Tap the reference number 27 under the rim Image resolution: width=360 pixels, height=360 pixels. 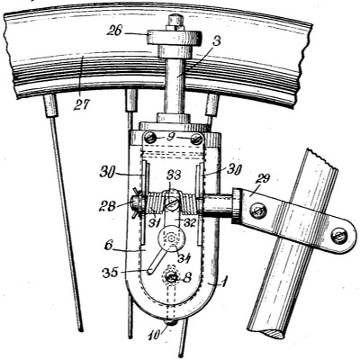tap(82, 105)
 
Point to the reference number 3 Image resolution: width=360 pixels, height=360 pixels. tap(214, 41)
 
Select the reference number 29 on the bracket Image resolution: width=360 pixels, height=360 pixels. tap(262, 181)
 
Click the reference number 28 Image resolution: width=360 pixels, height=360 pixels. tap(107, 206)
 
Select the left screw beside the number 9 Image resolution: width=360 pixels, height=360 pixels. tap(150, 138)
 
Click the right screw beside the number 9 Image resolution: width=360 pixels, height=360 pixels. tap(196, 139)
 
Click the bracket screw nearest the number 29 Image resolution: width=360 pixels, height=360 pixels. tap(258, 211)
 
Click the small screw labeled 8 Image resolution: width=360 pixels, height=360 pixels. tap(171, 277)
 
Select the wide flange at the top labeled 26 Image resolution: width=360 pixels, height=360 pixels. tap(174, 38)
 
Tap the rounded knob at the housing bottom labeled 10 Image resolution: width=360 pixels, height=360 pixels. tap(170, 322)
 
